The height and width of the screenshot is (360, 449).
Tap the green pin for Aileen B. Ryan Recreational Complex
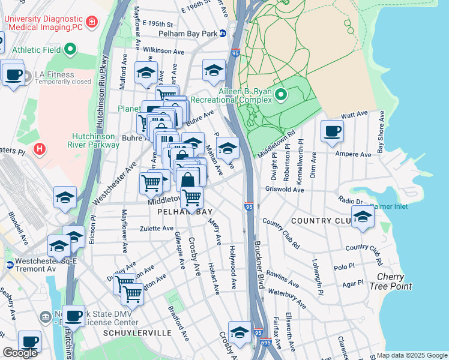click(x=280, y=94)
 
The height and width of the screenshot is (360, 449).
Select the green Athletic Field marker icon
click(x=71, y=49)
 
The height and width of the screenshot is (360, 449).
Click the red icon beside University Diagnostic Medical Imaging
click(x=91, y=23)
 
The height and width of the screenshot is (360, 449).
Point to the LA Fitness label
click(x=54, y=75)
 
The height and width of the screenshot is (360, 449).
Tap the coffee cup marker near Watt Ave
click(x=332, y=131)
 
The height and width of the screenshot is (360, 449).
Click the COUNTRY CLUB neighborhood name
click(x=319, y=221)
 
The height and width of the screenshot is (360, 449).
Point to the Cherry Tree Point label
click(x=394, y=281)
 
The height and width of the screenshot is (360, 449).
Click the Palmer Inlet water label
click(x=388, y=206)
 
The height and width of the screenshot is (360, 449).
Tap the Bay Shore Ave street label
click(x=379, y=137)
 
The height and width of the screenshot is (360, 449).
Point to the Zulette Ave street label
click(x=156, y=229)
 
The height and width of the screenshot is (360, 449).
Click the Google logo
click(x=20, y=353)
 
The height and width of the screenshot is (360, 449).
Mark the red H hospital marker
click(x=40, y=148)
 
